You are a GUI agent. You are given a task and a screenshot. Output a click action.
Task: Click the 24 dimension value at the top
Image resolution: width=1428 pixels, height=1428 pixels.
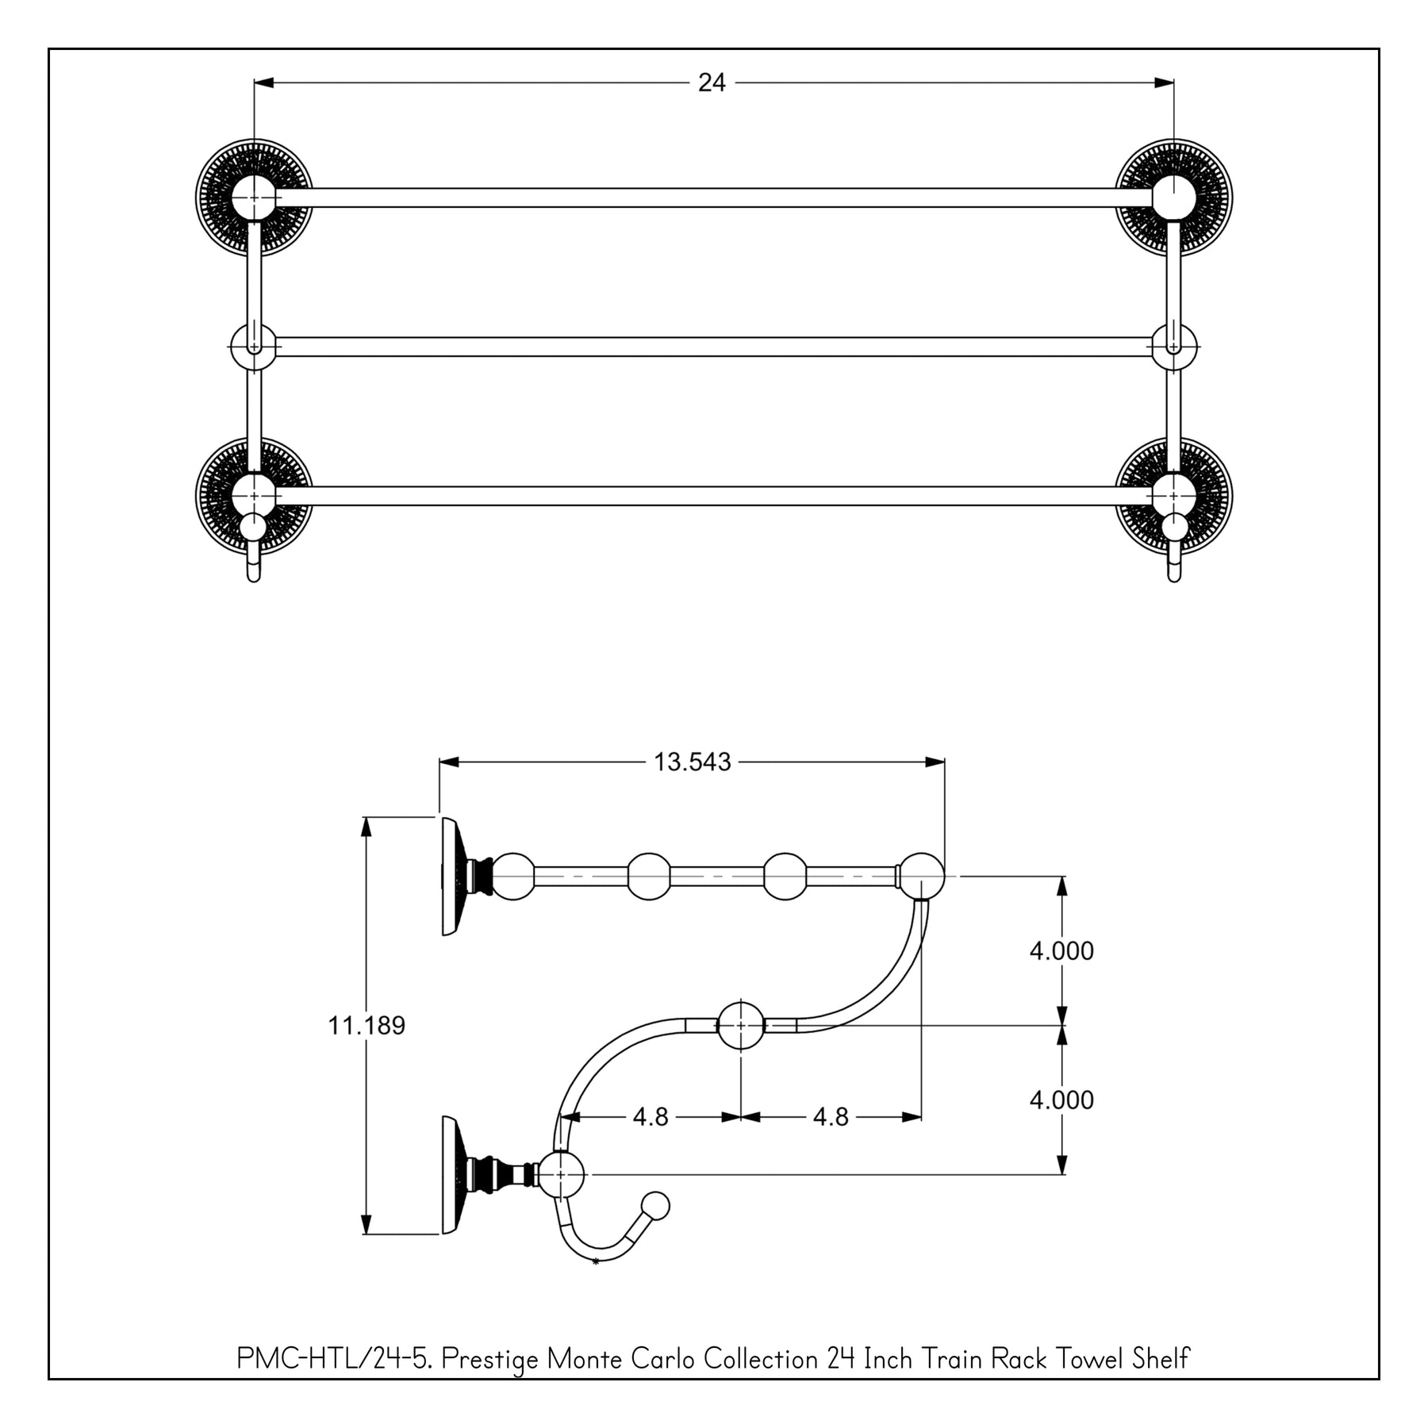712,83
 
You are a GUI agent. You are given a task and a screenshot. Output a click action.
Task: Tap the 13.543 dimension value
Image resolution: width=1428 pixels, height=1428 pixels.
692,762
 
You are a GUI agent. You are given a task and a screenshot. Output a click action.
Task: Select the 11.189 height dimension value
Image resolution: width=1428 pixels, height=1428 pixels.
367,1026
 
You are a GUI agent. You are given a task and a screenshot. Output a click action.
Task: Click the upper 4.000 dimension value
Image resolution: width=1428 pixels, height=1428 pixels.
1061,950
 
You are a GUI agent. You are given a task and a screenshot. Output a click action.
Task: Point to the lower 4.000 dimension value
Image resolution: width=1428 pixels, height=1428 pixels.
1061,1100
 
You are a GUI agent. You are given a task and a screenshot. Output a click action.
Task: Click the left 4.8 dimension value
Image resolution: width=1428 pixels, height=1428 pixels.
651,1117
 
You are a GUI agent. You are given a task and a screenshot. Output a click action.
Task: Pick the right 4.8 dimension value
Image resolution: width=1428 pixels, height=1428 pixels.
831,1117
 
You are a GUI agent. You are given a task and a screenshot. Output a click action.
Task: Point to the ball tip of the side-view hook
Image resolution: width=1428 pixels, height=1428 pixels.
655,1207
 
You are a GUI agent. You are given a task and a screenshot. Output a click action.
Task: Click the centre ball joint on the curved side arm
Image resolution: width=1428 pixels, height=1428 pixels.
740,1025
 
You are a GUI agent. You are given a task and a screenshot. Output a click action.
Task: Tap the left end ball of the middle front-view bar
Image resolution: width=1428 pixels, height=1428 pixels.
253,347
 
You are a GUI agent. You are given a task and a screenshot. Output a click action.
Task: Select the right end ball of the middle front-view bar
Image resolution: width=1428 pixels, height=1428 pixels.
1174,347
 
